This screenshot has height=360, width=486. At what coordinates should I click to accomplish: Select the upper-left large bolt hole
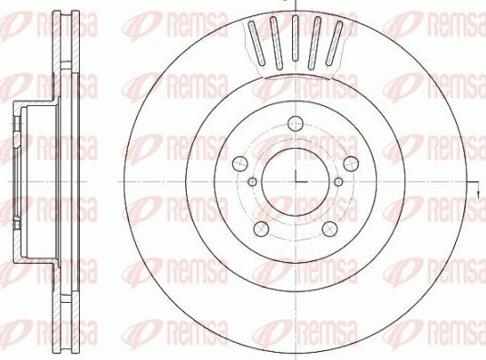(x=239, y=162)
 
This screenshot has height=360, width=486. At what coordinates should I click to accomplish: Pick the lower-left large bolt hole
(x=261, y=228)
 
